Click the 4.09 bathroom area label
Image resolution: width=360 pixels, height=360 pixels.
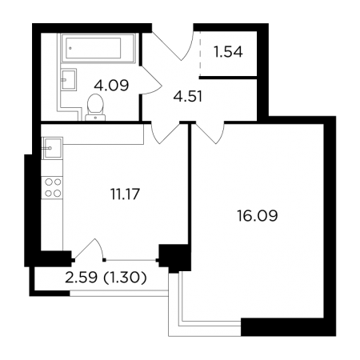111,86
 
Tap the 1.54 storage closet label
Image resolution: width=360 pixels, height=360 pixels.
228,52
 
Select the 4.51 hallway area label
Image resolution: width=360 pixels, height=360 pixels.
188,96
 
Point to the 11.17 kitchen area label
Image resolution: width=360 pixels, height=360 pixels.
125,194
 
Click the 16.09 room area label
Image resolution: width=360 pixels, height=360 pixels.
258,215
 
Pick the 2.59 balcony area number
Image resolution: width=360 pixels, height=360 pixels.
81,278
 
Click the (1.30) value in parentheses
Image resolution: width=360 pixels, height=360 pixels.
125,278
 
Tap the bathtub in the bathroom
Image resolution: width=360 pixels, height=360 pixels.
98,48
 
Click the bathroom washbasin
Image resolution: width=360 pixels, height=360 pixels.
69,80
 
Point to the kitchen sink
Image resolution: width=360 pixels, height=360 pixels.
52,148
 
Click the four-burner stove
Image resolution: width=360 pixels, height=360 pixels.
52,187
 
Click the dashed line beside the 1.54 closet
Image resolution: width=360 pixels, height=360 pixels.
200,54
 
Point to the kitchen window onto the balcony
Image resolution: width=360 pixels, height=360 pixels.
130,259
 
